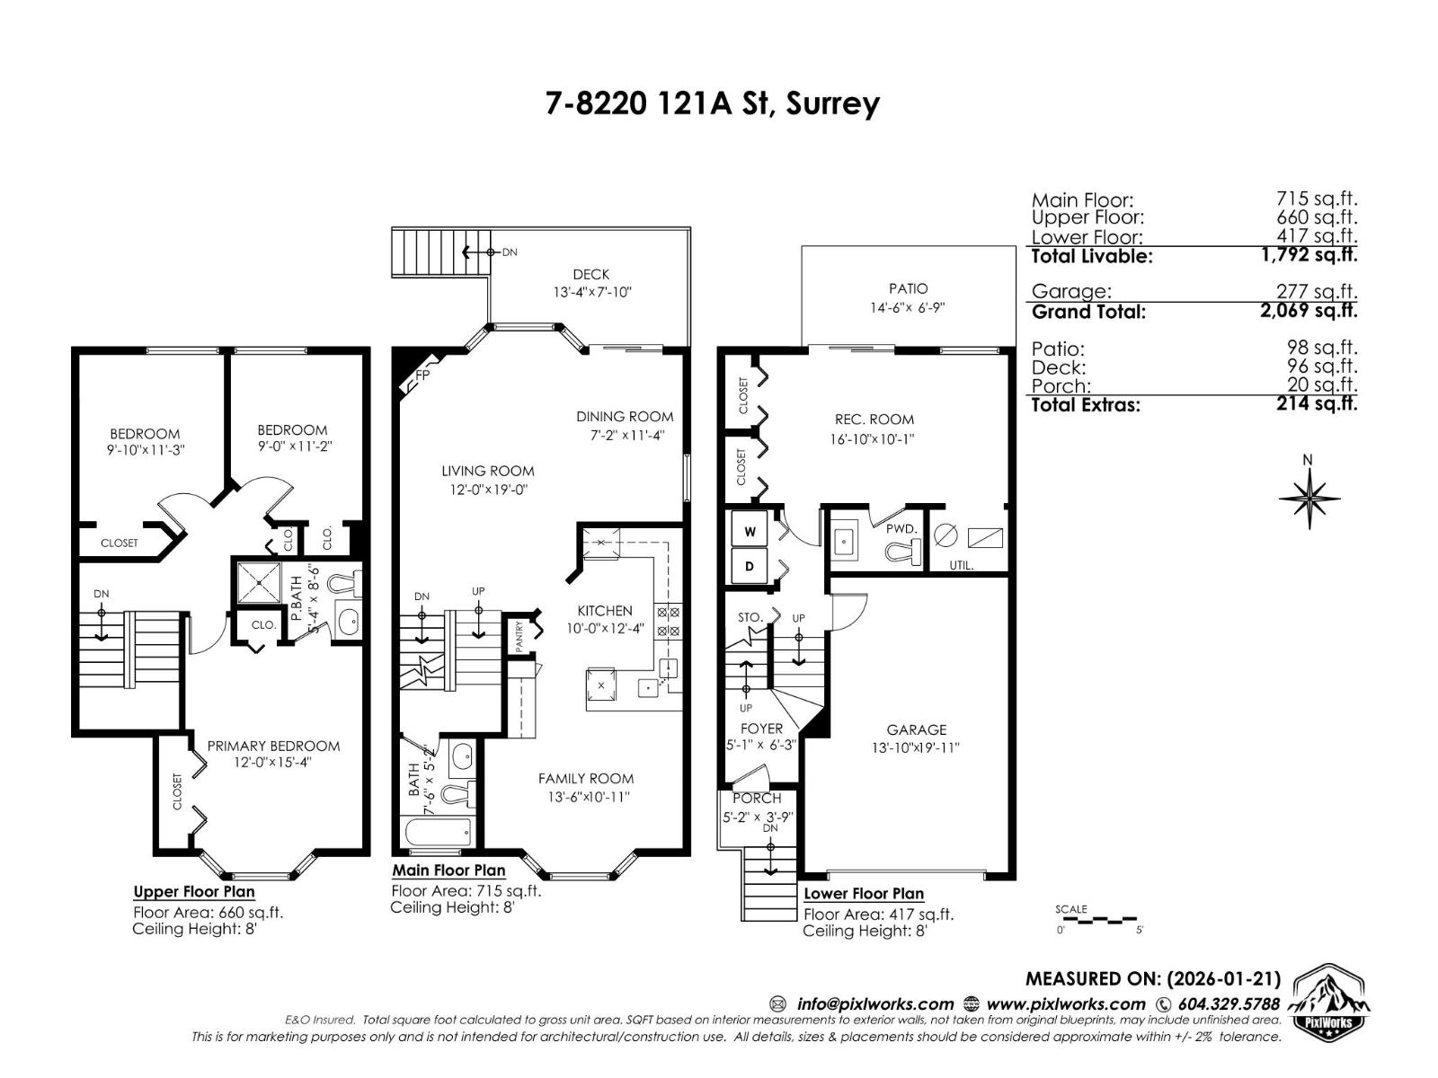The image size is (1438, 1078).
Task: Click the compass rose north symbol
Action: point(1309,497)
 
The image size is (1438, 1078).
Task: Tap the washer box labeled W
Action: point(750,532)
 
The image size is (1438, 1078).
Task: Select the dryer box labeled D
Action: point(750,568)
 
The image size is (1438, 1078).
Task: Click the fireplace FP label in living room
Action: point(422,376)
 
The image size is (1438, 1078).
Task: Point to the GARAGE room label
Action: point(916,729)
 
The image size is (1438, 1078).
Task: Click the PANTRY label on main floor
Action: point(519,638)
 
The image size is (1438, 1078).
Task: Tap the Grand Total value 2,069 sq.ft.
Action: point(1309,311)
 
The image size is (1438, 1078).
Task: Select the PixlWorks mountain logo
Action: point(1330,1003)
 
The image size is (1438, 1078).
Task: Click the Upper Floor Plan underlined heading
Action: point(194,892)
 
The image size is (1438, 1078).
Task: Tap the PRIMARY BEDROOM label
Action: point(273,746)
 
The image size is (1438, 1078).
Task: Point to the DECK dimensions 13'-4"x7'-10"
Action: point(591,292)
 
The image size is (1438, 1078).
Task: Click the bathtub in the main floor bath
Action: point(438,833)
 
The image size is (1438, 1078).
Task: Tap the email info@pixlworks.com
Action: point(874,1004)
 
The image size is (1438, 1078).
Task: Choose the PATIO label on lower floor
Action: point(908,288)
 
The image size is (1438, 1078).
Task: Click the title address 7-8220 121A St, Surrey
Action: point(712,103)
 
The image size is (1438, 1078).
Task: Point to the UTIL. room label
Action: point(962,566)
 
